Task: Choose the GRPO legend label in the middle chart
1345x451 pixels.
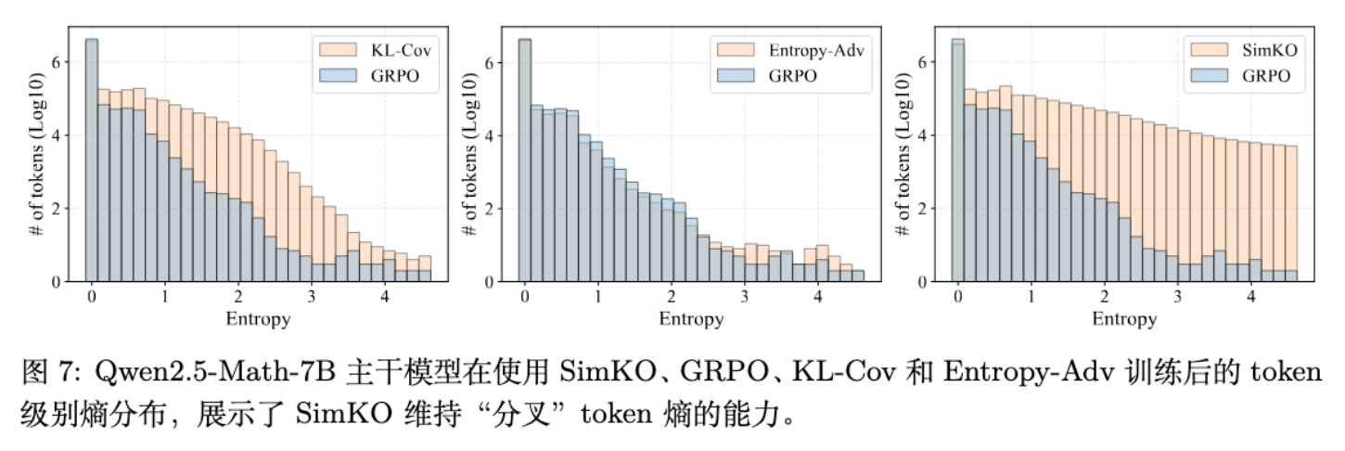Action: click(x=792, y=76)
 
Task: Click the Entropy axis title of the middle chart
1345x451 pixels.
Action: click(x=691, y=319)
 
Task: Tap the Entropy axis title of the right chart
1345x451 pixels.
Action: click(x=1124, y=319)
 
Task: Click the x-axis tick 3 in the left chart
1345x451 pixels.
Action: click(x=311, y=299)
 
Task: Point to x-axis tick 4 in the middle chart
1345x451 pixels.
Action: click(x=817, y=299)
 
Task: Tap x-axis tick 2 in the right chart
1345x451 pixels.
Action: click(x=1104, y=299)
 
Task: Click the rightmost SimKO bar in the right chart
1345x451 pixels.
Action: click(x=1290, y=213)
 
